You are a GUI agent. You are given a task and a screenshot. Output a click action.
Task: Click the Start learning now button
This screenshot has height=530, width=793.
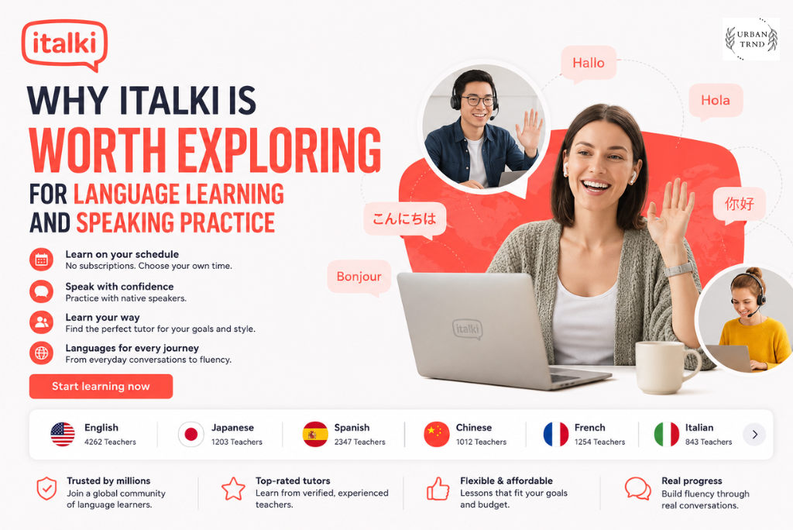click(x=101, y=386)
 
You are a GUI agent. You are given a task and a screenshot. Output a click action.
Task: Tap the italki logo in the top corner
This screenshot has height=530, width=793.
click(x=65, y=44)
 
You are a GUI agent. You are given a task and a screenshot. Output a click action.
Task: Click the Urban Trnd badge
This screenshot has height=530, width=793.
click(x=751, y=39)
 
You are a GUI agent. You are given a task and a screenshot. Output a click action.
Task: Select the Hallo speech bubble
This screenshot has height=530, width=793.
click(x=589, y=64)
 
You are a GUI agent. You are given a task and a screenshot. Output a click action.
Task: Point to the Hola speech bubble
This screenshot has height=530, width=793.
click(x=716, y=101)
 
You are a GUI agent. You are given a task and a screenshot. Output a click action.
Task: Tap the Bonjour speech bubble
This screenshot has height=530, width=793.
click(x=359, y=277)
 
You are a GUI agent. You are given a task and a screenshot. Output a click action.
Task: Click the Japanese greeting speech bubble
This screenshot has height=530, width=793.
click(x=404, y=219)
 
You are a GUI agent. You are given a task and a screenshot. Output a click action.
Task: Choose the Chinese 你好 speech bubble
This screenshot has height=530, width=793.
click(x=740, y=205)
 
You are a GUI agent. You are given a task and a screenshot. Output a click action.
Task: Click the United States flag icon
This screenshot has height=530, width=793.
click(x=63, y=435)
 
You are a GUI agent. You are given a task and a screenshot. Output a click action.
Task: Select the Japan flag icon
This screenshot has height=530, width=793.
click(x=191, y=435)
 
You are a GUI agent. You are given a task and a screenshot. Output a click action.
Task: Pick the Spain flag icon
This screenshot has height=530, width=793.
click(x=315, y=435)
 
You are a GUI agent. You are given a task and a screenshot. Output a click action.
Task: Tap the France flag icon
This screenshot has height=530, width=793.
click(x=556, y=435)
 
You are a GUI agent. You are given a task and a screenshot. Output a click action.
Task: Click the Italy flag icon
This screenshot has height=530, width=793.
click(x=667, y=435)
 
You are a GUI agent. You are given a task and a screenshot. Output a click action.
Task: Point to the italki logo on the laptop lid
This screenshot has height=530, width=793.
click(x=467, y=329)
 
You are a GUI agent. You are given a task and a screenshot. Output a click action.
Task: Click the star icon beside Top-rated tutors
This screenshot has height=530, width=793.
click(x=233, y=489)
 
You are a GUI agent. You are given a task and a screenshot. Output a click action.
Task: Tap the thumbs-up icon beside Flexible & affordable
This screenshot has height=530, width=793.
click(x=438, y=489)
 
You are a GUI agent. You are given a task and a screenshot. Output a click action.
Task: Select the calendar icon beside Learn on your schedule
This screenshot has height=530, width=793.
click(x=42, y=260)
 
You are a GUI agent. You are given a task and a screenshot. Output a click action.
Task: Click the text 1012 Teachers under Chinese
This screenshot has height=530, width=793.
click(x=481, y=442)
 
